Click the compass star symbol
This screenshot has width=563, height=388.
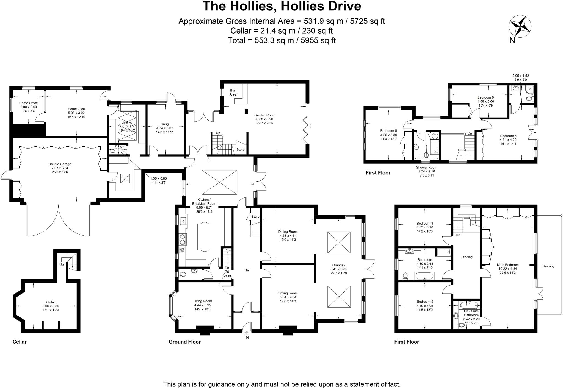tap(520, 27)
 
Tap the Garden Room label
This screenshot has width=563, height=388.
tap(264, 115)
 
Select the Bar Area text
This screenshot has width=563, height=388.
tap(233, 92)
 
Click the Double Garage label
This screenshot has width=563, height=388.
tap(60, 164)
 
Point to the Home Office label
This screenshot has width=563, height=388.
tap(28, 103)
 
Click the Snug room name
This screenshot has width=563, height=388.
tap(165, 124)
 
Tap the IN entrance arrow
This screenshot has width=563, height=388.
tap(247, 333)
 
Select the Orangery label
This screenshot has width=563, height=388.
tap(338, 265)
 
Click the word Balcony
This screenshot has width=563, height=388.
tap(548, 266)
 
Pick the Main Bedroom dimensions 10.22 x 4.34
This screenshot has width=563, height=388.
tap(507, 269)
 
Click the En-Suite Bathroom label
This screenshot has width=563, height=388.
tap(471, 311)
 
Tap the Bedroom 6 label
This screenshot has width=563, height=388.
tap(485, 97)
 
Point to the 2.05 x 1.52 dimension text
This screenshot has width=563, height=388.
tap(520, 76)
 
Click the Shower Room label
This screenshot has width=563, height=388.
tap(426, 167)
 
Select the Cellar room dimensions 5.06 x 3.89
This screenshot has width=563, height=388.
tap(51, 306)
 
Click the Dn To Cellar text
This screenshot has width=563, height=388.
tap(227, 272)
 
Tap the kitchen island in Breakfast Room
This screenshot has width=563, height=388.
tap(204, 237)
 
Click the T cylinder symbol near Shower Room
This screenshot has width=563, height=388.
tap(435, 136)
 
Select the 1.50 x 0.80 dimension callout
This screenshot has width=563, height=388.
tap(158, 178)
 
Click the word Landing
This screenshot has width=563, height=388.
tap(466, 257)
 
